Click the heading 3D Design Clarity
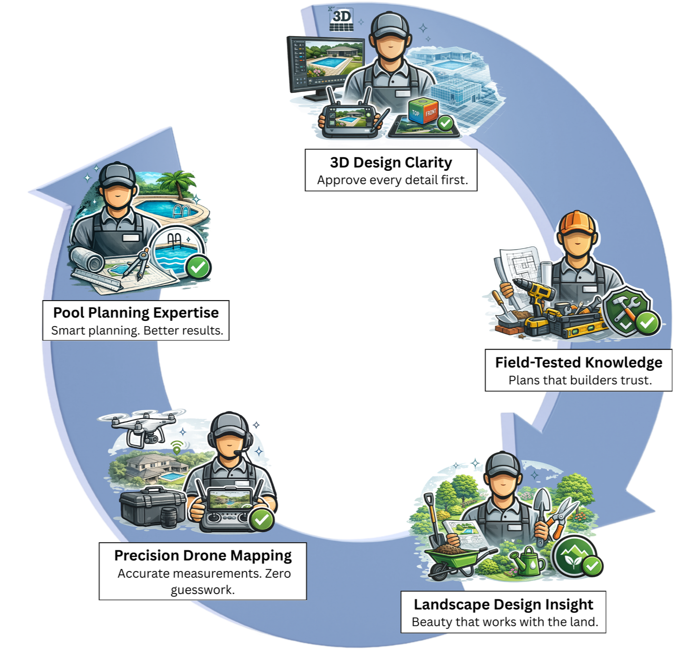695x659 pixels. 391,163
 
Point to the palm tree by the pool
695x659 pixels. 179,183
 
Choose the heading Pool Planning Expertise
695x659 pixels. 136,313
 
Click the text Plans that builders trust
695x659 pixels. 580,380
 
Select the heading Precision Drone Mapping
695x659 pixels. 203,556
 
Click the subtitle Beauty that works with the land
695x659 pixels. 505,622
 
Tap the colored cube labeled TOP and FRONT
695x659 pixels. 423,111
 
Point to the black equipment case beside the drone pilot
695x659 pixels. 151,507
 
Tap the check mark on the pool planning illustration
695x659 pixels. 198,267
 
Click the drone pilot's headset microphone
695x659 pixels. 237,453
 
